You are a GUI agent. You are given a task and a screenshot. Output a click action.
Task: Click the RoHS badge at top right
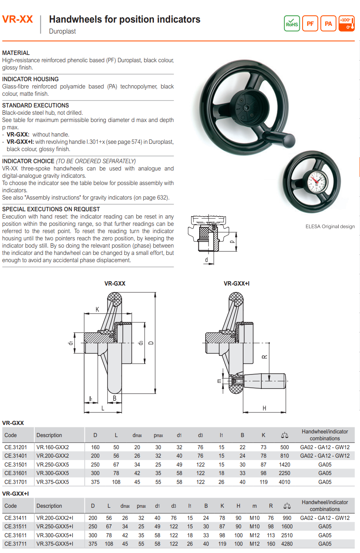[292, 23]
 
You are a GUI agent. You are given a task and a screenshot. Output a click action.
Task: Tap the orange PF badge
[310, 23]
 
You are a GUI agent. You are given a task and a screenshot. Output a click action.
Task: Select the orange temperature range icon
[347, 23]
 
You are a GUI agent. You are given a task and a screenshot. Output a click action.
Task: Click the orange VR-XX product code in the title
[17, 19]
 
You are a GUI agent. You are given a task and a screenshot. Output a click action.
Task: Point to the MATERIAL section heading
[16, 53]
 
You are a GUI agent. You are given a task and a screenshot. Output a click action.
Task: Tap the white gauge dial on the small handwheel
[318, 181]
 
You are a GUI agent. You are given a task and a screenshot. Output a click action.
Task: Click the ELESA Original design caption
[330, 226]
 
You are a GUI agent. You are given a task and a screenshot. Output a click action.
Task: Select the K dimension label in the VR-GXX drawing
[97, 309]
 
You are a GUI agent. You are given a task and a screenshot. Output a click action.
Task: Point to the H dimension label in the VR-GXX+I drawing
[264, 408]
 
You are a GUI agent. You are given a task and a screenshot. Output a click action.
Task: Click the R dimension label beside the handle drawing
[264, 357]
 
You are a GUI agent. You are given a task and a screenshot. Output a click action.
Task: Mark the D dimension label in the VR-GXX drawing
[151, 343]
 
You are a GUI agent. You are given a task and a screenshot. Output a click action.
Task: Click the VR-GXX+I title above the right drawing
[236, 284]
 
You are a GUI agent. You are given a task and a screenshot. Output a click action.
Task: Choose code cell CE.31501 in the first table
[15, 465]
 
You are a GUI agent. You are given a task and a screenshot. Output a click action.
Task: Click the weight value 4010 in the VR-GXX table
[284, 482]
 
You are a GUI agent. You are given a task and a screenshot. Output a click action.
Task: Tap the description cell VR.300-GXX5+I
[55, 535]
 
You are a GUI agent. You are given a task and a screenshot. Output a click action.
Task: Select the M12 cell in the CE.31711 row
[255, 544]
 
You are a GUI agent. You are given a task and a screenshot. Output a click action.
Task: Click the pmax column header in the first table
[158, 435]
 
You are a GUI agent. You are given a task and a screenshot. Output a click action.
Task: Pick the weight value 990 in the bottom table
[287, 518]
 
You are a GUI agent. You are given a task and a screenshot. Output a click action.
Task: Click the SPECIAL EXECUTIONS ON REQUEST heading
[51, 209]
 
